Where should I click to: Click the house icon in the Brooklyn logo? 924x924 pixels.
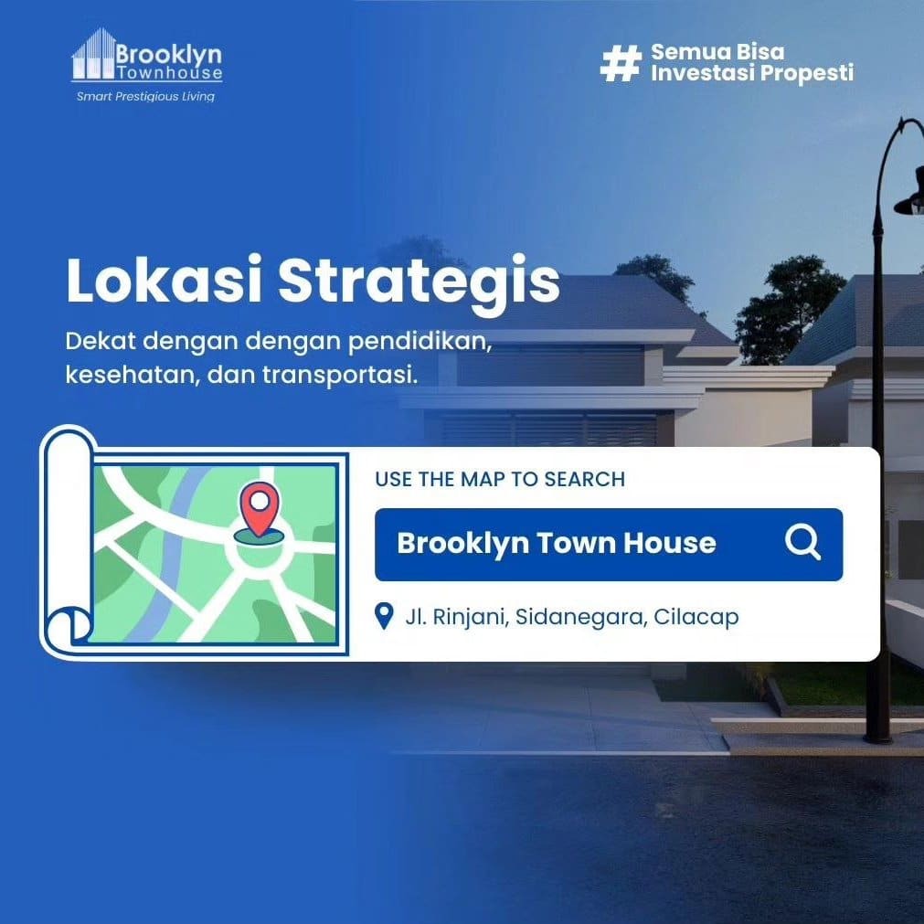[93, 54]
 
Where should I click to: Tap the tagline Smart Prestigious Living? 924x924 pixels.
[145, 97]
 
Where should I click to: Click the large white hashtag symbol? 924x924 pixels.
[621, 64]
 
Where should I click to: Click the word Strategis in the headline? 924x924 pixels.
[419, 283]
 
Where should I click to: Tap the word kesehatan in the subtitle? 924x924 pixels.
[130, 374]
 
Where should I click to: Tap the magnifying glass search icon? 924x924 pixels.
[803, 542]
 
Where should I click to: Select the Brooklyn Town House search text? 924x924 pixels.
[557, 543]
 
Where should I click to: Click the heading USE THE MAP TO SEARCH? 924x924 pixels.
[500, 479]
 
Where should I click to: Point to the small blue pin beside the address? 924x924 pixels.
[384, 616]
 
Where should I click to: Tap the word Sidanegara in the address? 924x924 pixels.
[580, 617]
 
